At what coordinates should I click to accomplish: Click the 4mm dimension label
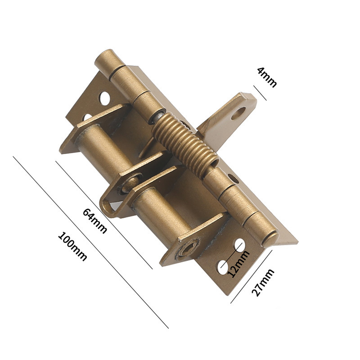tap(266, 77)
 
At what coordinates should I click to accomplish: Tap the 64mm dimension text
tap(95, 220)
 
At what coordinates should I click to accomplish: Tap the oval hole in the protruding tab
tap(238, 112)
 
